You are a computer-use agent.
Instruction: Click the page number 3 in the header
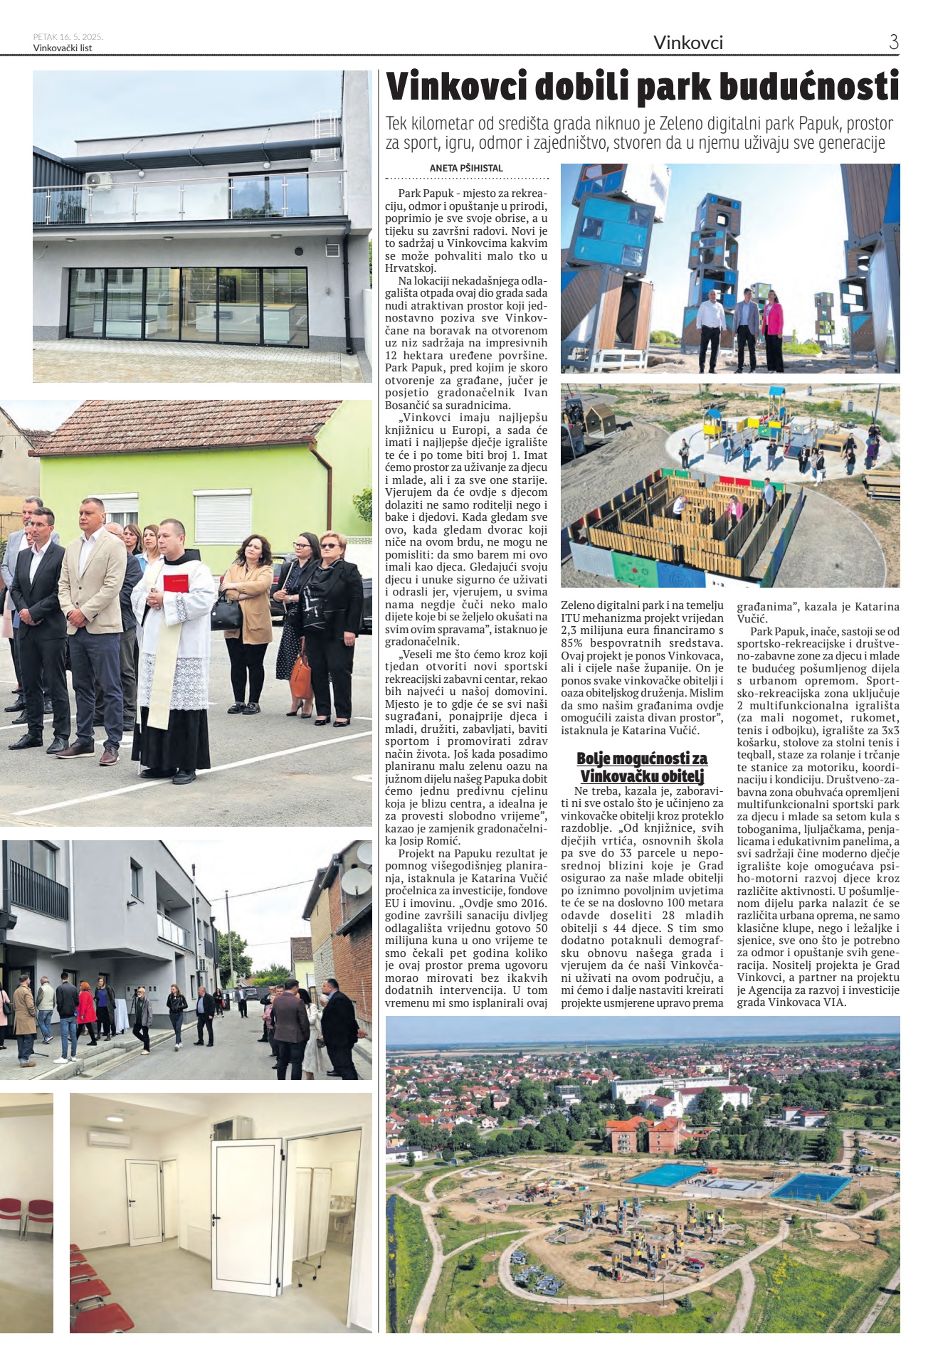(x=893, y=42)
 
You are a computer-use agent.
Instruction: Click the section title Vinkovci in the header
(x=687, y=43)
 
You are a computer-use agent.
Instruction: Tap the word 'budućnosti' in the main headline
(x=799, y=88)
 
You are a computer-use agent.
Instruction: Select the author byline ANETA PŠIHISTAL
(x=466, y=169)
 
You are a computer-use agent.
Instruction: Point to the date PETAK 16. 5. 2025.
(x=68, y=37)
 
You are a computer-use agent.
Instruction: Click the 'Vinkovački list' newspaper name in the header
(x=63, y=48)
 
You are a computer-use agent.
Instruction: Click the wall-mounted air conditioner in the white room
(x=109, y=1139)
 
